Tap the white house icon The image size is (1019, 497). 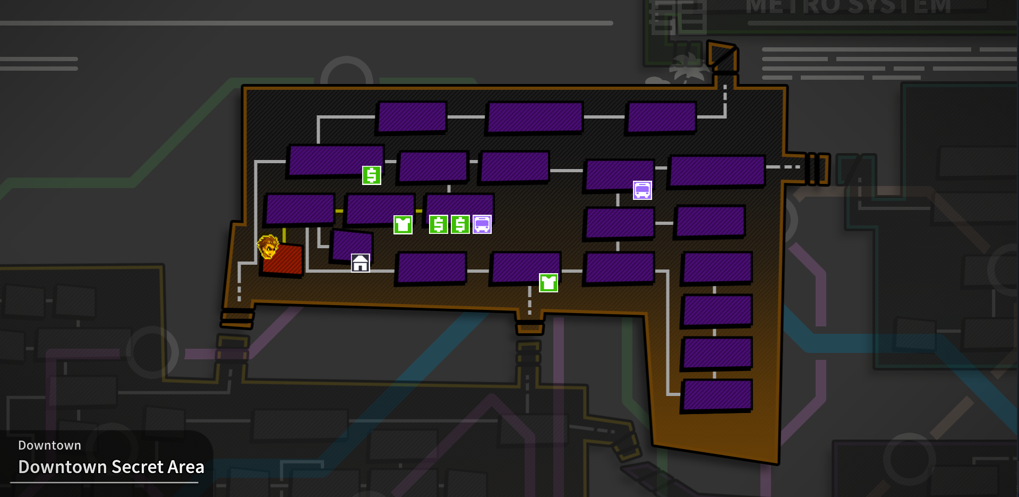click(361, 263)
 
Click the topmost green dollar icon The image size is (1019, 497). click(372, 175)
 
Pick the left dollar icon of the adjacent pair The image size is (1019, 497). click(438, 224)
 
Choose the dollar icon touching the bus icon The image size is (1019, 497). click(460, 224)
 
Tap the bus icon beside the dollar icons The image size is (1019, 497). click(482, 224)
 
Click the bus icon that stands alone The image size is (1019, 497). click(643, 190)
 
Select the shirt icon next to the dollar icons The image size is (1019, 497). click(403, 224)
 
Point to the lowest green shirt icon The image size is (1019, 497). click(549, 283)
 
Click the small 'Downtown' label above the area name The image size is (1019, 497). click(49, 445)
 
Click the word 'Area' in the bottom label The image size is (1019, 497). click(186, 467)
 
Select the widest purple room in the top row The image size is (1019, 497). click(535, 117)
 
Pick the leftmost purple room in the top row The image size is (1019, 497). click(412, 117)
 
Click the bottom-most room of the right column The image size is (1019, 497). click(717, 395)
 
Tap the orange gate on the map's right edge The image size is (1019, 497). click(817, 169)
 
